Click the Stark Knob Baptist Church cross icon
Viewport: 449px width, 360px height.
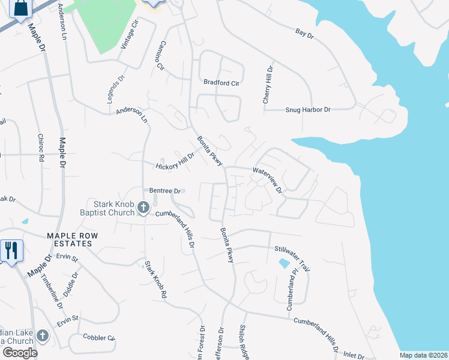click(x=143, y=208)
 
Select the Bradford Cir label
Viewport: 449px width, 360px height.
click(x=221, y=83)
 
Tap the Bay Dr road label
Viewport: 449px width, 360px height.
click(x=305, y=34)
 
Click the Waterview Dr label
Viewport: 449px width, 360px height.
click(x=267, y=179)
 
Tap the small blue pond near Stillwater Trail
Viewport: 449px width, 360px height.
click(x=283, y=263)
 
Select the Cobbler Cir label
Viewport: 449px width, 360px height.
click(x=98, y=337)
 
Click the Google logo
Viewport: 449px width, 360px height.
click(x=20, y=353)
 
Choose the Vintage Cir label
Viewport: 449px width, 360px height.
click(x=130, y=34)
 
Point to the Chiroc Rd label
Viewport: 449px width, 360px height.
click(x=41, y=148)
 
